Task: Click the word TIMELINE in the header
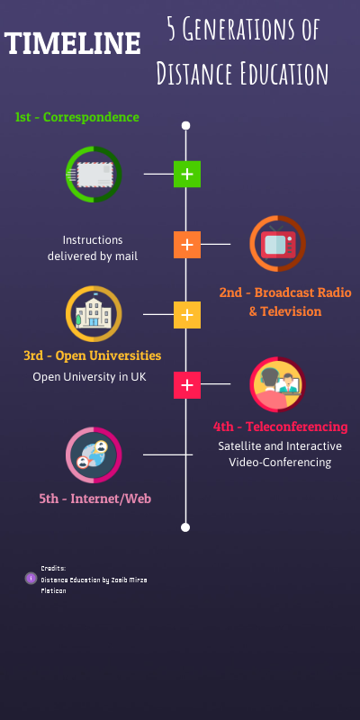coord(73,42)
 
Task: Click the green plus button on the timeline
coord(186,174)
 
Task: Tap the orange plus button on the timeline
coord(186,244)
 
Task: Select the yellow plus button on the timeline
coord(186,315)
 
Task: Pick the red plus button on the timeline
coord(186,385)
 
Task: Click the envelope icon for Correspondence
coord(93,174)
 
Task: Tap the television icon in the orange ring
coord(277,244)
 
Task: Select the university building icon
coord(93,314)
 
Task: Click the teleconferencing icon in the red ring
coord(277,385)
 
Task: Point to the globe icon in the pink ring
coord(93,455)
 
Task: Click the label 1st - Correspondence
coord(76,117)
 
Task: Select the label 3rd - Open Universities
coord(93,355)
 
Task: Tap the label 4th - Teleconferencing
coord(280,427)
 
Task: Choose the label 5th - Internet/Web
coord(94,497)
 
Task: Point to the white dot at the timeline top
coord(186,126)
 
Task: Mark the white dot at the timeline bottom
coord(186,527)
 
